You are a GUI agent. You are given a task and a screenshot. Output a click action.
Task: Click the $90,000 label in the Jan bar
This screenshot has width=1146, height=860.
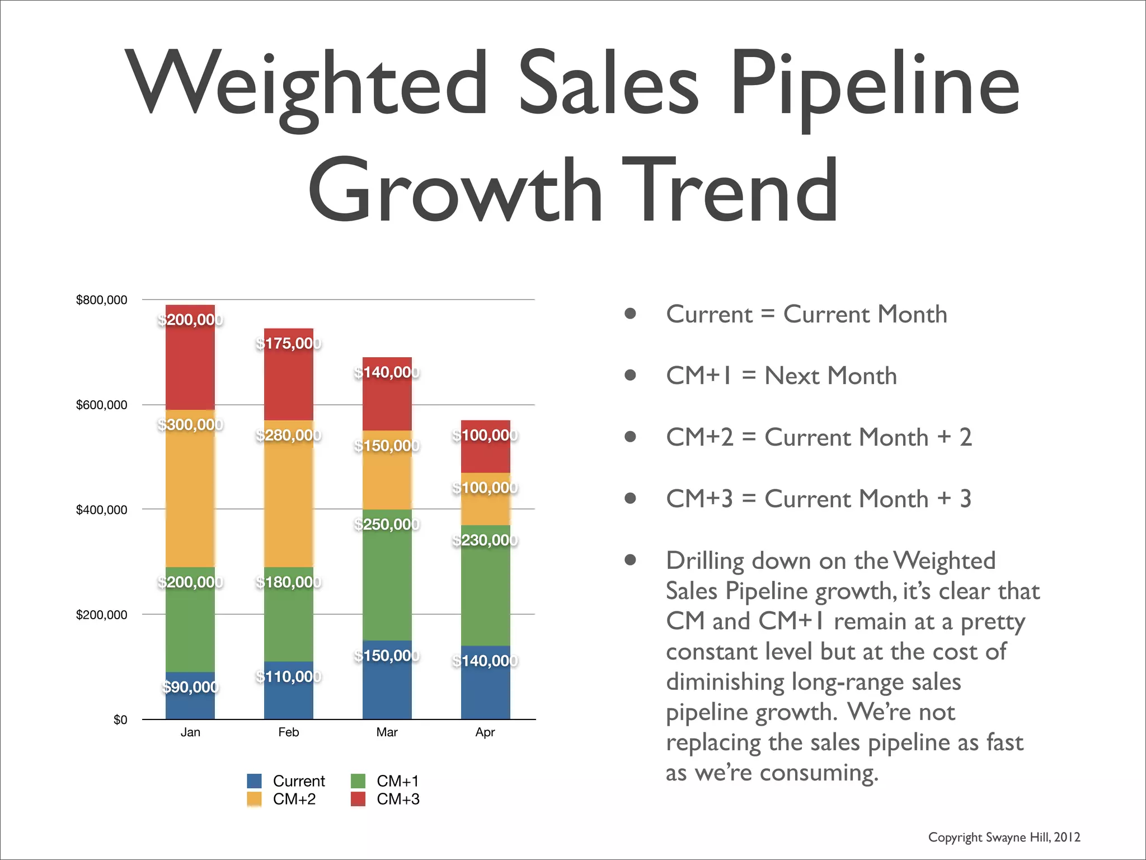click(190, 686)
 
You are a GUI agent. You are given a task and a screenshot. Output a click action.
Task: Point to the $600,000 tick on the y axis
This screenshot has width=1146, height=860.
click(101, 405)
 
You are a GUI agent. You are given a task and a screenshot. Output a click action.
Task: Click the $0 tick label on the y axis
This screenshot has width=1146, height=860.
click(120, 719)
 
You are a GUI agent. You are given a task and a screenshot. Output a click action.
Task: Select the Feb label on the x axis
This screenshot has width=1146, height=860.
click(288, 732)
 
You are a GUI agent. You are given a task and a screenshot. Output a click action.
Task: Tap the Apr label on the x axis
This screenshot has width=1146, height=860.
click(485, 732)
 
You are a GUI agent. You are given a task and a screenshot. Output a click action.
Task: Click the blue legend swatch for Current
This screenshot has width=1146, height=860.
click(254, 780)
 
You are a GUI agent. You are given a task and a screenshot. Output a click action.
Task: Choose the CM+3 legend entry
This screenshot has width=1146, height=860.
click(397, 799)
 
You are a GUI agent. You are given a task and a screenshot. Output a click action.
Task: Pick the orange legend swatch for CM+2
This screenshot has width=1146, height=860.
click(254, 799)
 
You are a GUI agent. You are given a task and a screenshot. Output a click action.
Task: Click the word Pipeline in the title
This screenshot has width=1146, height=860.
click(874, 84)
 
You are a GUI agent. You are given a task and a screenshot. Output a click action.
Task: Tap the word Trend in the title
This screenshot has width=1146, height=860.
click(730, 190)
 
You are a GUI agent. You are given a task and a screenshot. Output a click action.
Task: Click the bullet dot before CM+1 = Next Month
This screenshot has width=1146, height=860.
click(630, 375)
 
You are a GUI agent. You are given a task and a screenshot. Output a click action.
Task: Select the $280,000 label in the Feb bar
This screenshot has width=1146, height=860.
click(288, 435)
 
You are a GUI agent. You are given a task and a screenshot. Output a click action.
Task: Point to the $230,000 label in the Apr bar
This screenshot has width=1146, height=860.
click(485, 540)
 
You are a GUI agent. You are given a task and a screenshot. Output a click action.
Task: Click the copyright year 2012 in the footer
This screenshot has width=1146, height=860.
click(1067, 837)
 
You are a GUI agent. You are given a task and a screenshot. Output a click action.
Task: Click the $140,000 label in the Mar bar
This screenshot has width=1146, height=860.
click(387, 372)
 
